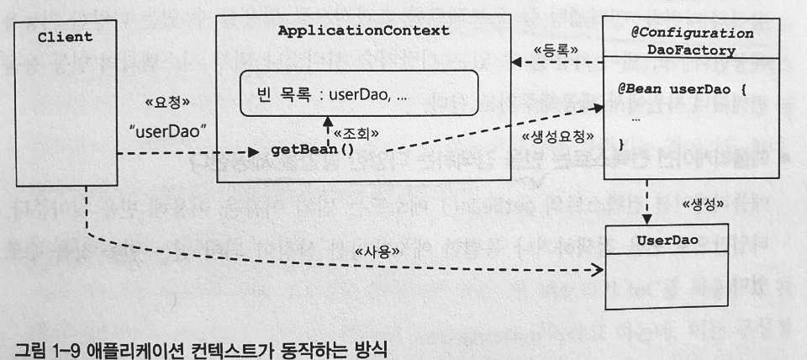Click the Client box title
point(65,38)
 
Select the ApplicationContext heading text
point(363,31)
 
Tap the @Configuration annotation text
point(692,34)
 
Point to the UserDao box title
point(667,240)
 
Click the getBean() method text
point(312,150)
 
